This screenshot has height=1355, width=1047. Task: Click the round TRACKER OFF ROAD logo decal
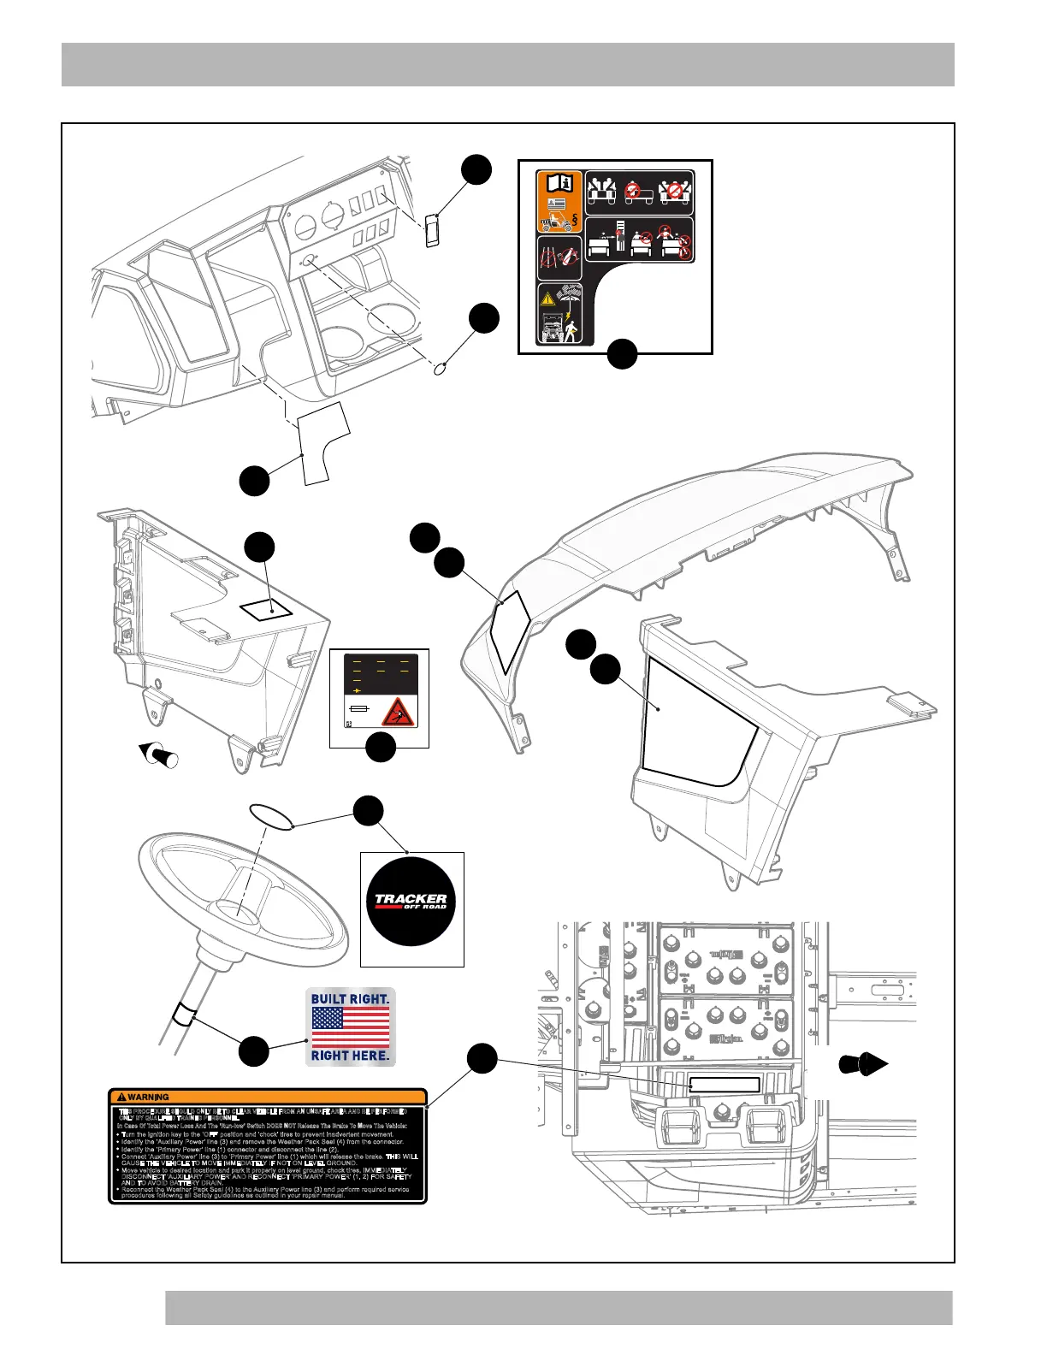pos(411,902)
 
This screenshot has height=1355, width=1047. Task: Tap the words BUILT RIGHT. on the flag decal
pos(350,999)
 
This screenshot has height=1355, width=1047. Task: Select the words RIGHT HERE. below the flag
pos(350,1056)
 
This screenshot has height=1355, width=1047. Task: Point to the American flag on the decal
pos(350,1027)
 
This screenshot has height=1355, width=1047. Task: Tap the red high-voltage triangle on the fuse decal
pos(398,712)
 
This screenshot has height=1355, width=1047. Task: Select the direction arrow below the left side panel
pos(158,754)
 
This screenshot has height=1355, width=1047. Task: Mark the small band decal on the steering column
pos(184,1016)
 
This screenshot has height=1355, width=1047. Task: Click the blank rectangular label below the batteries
pos(725,1085)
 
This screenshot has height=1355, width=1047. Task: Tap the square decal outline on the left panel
pos(265,608)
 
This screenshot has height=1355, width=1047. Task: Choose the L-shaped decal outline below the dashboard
pos(322,442)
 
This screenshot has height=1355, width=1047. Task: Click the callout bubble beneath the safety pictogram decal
pos(622,353)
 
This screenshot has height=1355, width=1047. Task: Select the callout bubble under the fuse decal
pos(381,747)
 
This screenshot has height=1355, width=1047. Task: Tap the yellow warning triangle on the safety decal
pos(547,300)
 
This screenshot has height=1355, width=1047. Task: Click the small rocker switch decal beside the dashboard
pos(433,231)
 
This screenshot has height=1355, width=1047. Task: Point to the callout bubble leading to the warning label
pos(482,1058)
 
